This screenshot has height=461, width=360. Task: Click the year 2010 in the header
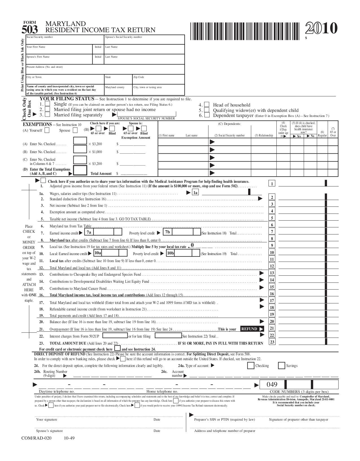(x=321, y=28)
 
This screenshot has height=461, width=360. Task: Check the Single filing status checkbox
(x=47, y=104)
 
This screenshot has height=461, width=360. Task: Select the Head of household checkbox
(x=207, y=105)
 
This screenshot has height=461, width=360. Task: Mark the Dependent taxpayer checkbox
(x=207, y=115)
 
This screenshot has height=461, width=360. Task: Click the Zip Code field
(x=158, y=79)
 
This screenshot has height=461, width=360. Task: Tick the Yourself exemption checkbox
(x=47, y=130)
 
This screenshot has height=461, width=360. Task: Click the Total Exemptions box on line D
(x=80, y=170)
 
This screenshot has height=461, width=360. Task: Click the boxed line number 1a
(x=195, y=193)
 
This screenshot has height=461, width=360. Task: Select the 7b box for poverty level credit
(x=168, y=232)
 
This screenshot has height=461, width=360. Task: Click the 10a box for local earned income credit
(x=98, y=253)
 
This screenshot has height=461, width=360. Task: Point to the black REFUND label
(x=249, y=329)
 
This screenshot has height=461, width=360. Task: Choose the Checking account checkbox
(x=250, y=366)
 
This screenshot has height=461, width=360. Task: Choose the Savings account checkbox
(x=281, y=366)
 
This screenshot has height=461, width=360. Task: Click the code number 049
(x=272, y=384)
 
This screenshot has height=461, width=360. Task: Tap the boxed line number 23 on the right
(x=272, y=342)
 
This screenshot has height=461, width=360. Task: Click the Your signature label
(x=47, y=419)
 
